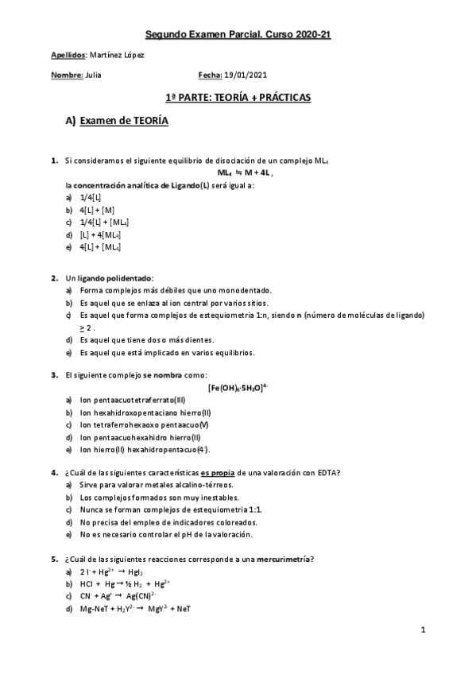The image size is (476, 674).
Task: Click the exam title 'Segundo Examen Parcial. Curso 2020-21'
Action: (x=238, y=34)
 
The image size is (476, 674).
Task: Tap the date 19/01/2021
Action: (x=245, y=76)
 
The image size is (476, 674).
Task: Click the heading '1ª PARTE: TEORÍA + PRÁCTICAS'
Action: (x=238, y=97)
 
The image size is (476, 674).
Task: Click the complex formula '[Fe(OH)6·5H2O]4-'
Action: (x=238, y=387)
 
